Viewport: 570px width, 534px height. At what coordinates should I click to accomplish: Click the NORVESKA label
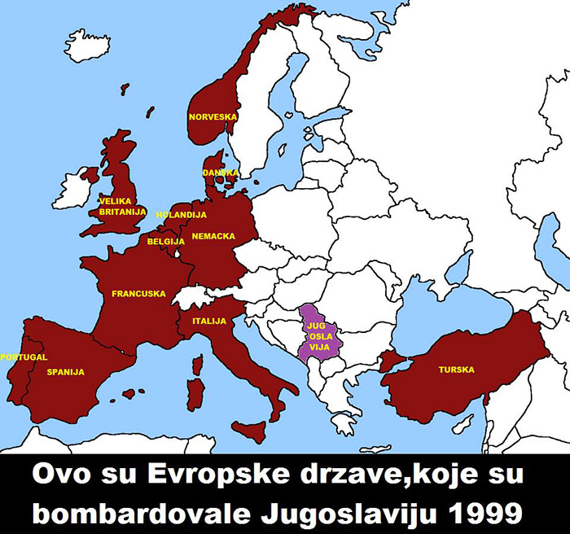213,117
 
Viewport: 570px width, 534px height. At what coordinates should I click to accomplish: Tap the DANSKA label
221,173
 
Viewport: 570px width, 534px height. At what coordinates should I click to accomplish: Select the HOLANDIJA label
181,215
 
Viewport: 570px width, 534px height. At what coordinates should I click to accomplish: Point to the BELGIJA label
166,242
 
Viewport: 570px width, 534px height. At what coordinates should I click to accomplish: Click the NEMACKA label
213,236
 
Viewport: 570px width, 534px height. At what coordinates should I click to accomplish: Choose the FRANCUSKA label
138,294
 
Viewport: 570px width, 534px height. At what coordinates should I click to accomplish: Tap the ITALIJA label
209,322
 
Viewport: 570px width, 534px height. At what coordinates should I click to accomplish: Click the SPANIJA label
66,372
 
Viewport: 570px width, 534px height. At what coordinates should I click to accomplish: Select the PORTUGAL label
24,357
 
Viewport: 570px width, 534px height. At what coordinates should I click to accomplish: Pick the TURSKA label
456,370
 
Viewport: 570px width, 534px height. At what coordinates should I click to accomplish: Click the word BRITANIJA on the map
122,212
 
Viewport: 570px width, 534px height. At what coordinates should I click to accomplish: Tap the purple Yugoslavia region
316,334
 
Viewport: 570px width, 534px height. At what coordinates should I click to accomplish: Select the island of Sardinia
195,395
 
